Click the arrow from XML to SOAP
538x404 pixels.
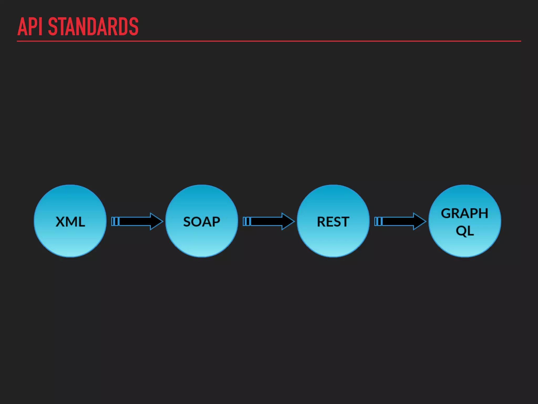[x=137, y=221]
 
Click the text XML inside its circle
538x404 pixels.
[x=70, y=222]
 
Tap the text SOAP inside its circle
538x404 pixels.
[x=201, y=222]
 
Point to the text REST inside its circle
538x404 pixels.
[x=333, y=222]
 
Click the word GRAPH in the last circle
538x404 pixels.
[x=464, y=213]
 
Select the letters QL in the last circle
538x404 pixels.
[x=465, y=231]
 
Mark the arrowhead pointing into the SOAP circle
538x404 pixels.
[x=156, y=221]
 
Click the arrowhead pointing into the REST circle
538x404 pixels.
[x=288, y=221]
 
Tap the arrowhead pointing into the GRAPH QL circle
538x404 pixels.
[x=419, y=221]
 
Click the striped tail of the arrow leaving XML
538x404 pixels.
[x=115, y=221]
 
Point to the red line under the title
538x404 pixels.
[x=269, y=41]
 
